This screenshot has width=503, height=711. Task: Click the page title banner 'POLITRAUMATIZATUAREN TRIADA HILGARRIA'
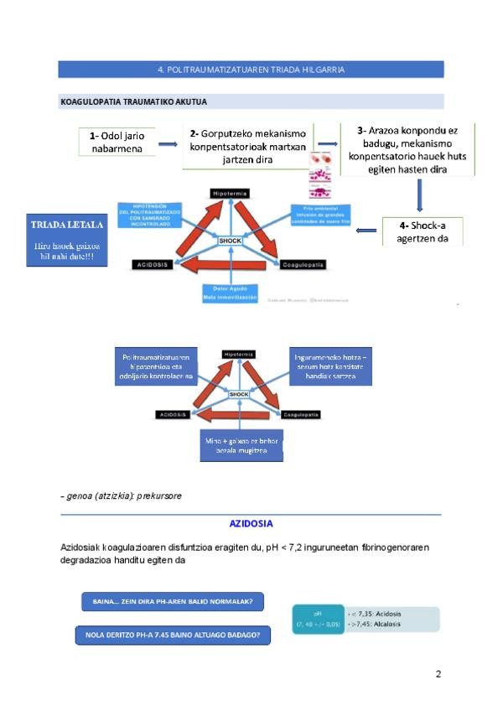[x=251, y=70]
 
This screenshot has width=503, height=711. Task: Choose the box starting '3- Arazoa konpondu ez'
[x=407, y=149]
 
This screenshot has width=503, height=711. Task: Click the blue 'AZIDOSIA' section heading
[x=251, y=524]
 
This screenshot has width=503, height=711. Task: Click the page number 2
[x=438, y=674]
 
